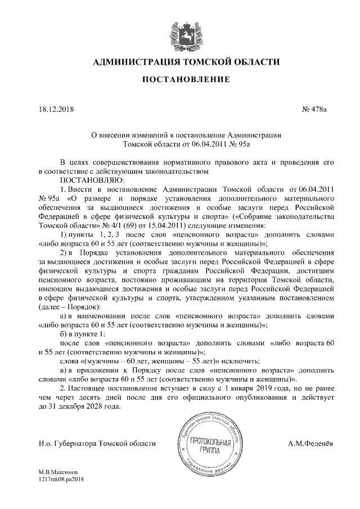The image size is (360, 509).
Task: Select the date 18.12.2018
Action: click(x=57, y=109)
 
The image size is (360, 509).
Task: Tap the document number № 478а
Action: click(x=314, y=109)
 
